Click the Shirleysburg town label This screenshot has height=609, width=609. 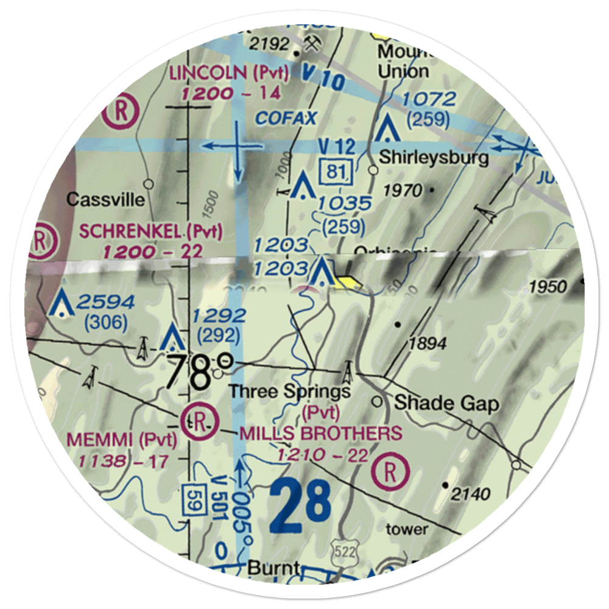click(x=434, y=158)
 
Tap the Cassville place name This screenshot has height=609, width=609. click(x=106, y=199)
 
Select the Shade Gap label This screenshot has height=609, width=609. click(x=446, y=403)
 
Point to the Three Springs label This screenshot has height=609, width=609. click(x=290, y=392)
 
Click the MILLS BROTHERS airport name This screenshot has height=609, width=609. click(x=321, y=434)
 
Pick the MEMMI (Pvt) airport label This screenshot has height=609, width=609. click(x=122, y=438)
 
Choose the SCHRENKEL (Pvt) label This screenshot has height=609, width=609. click(x=151, y=231)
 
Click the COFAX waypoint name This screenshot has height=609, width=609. click(x=286, y=118)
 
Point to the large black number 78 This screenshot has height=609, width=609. click(x=189, y=371)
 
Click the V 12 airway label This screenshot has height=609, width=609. click(x=337, y=146)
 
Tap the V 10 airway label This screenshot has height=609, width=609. click(x=323, y=77)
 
